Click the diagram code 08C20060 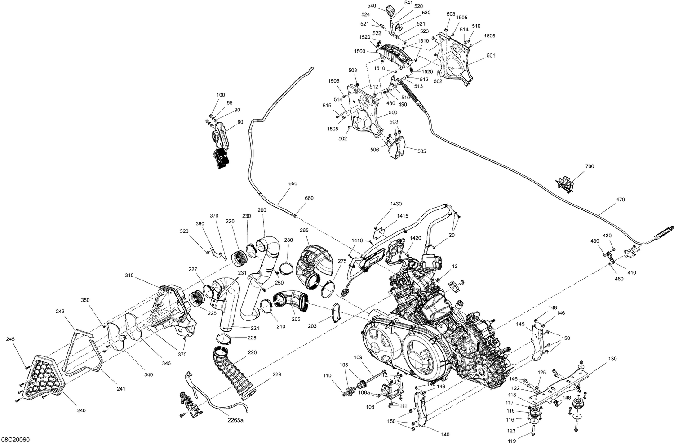16,439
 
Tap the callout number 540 372,6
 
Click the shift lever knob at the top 390,10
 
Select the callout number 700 590,166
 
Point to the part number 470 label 620,200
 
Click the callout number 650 293,184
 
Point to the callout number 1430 396,204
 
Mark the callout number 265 304,231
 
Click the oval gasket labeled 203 336,313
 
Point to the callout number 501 491,56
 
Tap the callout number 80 240,122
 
